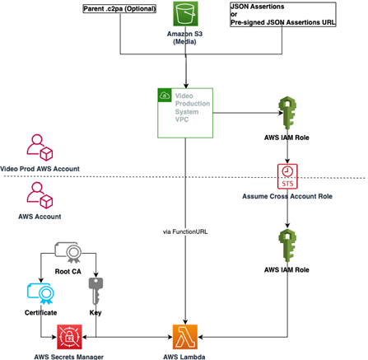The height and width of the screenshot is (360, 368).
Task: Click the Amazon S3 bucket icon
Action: tap(185, 14)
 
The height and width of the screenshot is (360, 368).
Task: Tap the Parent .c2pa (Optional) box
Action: tap(119, 9)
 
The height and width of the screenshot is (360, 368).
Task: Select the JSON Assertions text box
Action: tap(283, 14)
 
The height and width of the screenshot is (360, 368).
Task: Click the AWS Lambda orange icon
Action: tap(185, 337)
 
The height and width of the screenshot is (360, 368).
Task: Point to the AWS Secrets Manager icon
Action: tap(69, 337)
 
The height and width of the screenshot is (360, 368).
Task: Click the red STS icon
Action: tap(287, 176)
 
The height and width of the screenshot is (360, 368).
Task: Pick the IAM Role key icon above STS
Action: tap(287, 113)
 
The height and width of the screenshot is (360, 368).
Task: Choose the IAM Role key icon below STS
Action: tap(287, 245)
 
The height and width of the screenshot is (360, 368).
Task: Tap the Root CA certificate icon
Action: tap(68, 252)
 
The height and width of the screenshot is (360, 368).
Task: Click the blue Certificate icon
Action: tap(40, 293)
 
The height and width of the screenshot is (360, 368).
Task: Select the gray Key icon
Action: tap(95, 291)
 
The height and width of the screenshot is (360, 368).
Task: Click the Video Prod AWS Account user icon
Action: tap(40, 147)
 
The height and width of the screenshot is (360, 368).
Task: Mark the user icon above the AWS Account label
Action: tap(40, 195)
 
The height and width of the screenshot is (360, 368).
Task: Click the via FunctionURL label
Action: tap(185, 231)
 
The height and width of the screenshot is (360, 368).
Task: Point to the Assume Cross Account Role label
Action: tap(287, 196)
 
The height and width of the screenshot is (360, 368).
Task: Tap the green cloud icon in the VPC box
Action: tap(165, 96)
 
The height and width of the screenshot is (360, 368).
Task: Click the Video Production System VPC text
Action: tap(193, 108)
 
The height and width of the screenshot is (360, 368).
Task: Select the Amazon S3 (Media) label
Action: tap(184, 38)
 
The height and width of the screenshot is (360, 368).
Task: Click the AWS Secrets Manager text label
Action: tap(69, 357)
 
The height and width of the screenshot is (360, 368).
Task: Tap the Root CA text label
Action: tap(68, 272)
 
